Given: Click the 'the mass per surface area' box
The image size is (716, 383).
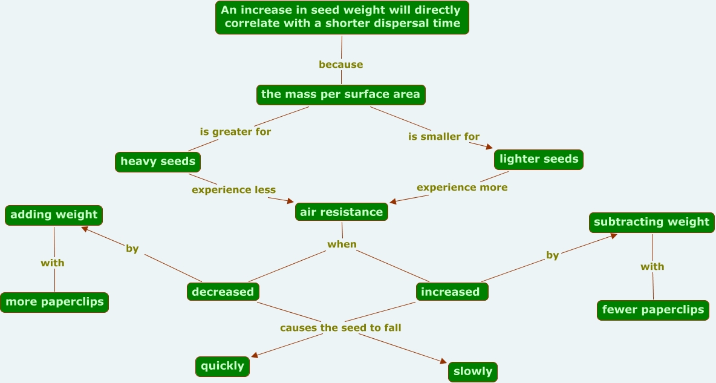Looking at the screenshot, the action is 341,94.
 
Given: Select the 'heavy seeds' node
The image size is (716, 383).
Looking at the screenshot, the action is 158,162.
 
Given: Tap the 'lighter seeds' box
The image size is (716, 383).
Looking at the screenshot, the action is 539,159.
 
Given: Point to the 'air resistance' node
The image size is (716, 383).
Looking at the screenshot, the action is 342,212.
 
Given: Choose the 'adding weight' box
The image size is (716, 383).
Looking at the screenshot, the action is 54,215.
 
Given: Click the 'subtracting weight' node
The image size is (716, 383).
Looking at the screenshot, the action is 651,222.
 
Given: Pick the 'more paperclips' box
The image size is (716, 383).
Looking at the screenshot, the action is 54,302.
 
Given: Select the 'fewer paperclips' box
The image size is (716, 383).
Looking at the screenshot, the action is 653,310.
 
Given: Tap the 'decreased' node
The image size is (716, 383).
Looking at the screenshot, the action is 223,292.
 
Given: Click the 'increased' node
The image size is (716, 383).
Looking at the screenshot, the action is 451,292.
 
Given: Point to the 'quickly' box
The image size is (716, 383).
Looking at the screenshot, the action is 223,366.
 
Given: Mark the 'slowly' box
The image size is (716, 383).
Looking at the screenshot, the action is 473,372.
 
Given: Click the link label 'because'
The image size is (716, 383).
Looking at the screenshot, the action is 341,65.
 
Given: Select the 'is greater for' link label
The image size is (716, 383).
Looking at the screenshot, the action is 235,131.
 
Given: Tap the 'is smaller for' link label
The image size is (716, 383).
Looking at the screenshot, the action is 444,137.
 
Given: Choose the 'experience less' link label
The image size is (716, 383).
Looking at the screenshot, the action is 233,190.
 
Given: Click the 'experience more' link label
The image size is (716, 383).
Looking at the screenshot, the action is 462,188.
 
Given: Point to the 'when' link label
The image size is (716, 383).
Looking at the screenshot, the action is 342,244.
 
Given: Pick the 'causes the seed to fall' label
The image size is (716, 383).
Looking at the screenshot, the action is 340,328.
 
